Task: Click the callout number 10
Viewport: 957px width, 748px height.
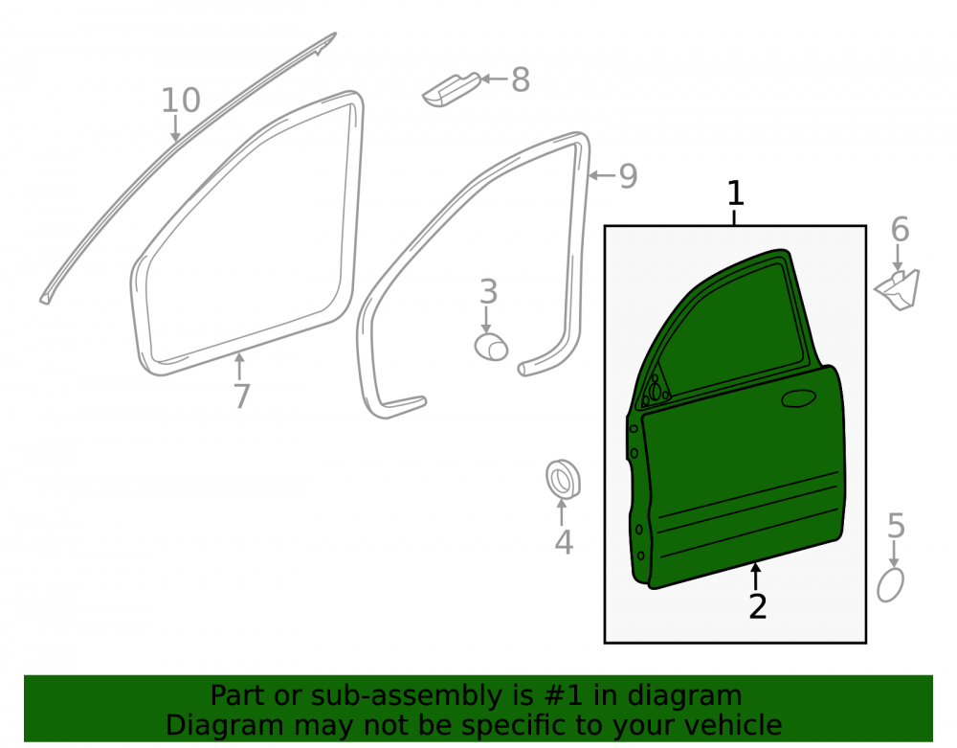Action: [x=181, y=101]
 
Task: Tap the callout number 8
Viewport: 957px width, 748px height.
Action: [x=520, y=80]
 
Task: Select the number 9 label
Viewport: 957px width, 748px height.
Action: [x=628, y=176]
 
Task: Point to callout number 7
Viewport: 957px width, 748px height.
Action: [x=242, y=397]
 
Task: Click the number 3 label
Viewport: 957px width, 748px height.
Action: [x=488, y=292]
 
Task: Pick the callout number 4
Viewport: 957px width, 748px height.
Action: [x=564, y=542]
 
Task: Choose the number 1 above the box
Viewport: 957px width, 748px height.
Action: [x=735, y=193]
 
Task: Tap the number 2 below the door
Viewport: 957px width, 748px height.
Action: [x=757, y=606]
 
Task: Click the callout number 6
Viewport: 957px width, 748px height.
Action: [x=900, y=230]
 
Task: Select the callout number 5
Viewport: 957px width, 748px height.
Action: [x=896, y=526]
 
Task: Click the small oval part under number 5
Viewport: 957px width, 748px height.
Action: [x=890, y=585]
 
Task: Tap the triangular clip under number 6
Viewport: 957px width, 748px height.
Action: [x=898, y=289]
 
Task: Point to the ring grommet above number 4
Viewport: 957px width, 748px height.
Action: [x=563, y=479]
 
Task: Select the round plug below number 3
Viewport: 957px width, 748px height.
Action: [x=491, y=347]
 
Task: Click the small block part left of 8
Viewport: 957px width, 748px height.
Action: [x=451, y=90]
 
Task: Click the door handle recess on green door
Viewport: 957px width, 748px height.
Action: [x=799, y=398]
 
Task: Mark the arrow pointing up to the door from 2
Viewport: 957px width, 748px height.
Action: [x=756, y=576]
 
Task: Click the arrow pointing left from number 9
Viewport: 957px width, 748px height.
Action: [x=602, y=176]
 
